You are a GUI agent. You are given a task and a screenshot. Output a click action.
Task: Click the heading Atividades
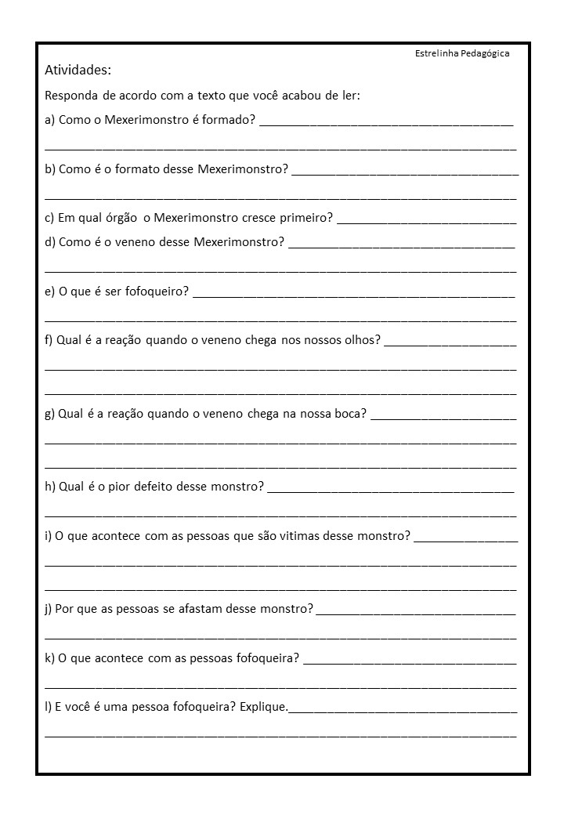78,71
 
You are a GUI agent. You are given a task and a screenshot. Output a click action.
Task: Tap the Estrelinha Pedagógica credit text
462,53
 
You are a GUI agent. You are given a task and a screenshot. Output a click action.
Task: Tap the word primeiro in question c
305,217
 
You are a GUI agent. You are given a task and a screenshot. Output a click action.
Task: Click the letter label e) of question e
50,292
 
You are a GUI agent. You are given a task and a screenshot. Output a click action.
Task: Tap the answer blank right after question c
426,221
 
